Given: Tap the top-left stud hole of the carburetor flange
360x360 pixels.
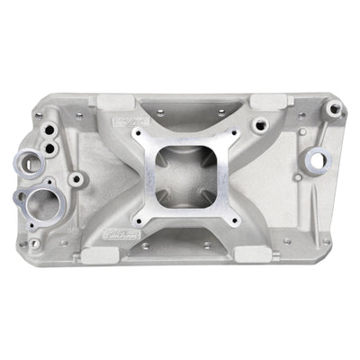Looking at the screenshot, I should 139,135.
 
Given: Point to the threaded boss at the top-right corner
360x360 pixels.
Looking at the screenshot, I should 335,109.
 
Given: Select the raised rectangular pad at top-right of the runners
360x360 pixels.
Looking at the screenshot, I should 267,101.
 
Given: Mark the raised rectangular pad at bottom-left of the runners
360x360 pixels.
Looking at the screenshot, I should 94,256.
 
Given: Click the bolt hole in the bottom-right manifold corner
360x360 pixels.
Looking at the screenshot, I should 326,242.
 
